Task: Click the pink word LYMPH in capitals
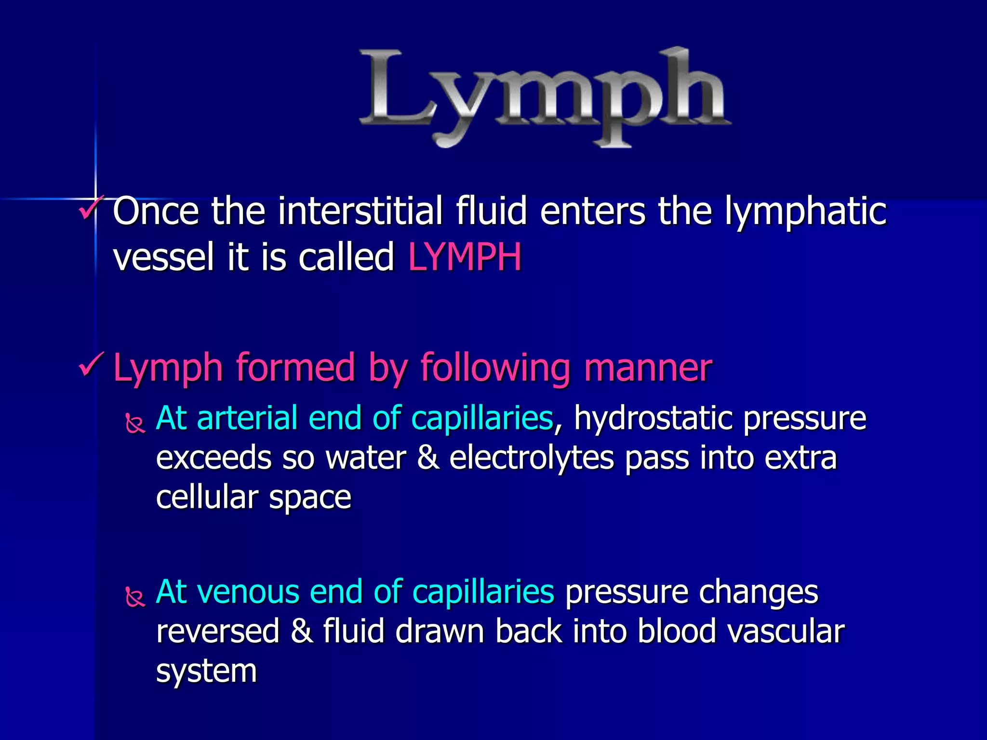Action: tap(465, 257)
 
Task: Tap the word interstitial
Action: tap(360, 211)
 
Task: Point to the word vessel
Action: tap(163, 257)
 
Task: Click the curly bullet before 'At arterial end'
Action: tap(135, 423)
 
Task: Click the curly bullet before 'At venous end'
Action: tap(135, 597)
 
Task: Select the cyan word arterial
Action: tap(247, 418)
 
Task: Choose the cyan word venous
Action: tap(251, 592)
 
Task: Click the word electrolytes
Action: tap(532, 458)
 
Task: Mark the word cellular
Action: tap(207, 497)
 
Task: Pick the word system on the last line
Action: tap(206, 672)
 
